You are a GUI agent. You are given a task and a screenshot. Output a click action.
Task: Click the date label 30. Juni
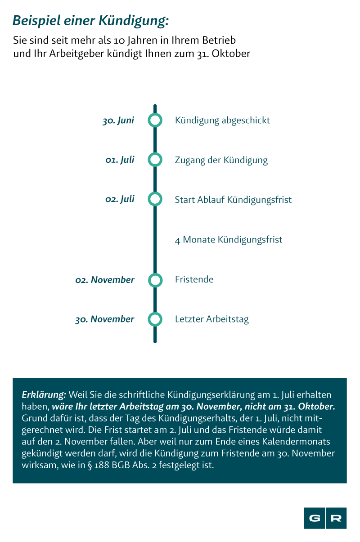(118, 121)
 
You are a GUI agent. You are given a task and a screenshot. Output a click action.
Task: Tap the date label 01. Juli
(120, 160)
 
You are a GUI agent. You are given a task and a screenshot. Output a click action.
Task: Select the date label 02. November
(104, 280)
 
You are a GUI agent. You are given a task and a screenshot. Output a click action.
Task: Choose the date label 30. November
(104, 319)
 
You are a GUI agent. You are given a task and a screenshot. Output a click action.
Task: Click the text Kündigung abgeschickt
(222, 121)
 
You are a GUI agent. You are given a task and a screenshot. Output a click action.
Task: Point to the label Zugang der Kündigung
(221, 160)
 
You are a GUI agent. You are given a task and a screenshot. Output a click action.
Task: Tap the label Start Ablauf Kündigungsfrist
(233, 200)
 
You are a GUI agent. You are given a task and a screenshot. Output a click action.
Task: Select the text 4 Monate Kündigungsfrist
(229, 240)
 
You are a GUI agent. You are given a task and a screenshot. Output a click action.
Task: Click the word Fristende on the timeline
(194, 279)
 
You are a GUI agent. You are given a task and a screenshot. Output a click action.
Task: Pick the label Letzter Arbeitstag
(212, 319)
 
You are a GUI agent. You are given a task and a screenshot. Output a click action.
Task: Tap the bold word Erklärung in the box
(44, 395)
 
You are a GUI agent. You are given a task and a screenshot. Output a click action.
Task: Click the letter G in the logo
(315, 518)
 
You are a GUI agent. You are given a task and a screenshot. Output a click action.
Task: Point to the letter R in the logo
(336, 518)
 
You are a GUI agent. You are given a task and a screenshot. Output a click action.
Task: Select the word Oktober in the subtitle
(231, 54)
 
